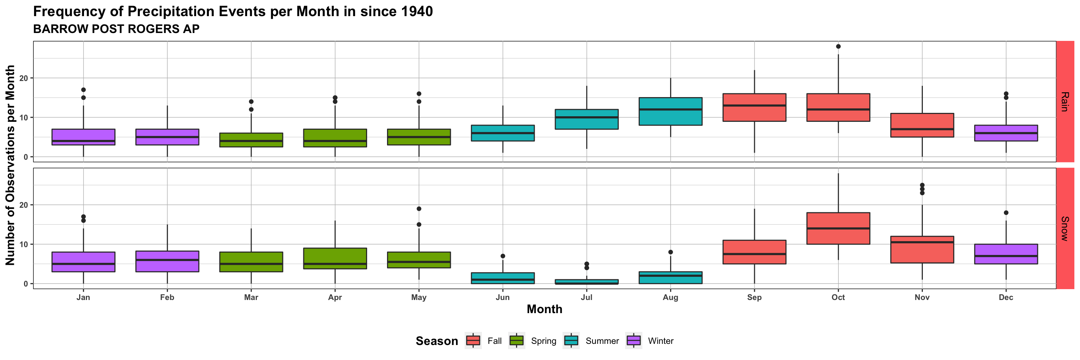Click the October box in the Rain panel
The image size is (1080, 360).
pyautogui.click(x=838, y=107)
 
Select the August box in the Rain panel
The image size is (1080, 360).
pyautogui.click(x=670, y=111)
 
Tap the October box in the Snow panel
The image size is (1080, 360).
pyautogui.click(x=838, y=228)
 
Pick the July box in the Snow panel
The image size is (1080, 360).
pyautogui.click(x=586, y=282)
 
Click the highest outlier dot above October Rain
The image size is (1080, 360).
pyautogui.click(x=838, y=46)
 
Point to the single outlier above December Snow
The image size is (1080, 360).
pyautogui.click(x=1006, y=213)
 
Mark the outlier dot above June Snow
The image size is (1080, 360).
pyautogui.click(x=502, y=256)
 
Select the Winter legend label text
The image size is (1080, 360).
pyautogui.click(x=660, y=341)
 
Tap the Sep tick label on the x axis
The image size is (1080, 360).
pyautogui.click(x=754, y=297)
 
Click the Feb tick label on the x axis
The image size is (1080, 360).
pyautogui.click(x=167, y=297)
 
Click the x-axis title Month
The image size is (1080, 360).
pyautogui.click(x=544, y=309)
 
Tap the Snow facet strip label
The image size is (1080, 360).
pyautogui.click(x=1065, y=228)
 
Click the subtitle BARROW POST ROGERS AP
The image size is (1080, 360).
pyautogui.click(x=116, y=29)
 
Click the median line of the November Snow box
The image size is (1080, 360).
pyautogui.click(x=922, y=242)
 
